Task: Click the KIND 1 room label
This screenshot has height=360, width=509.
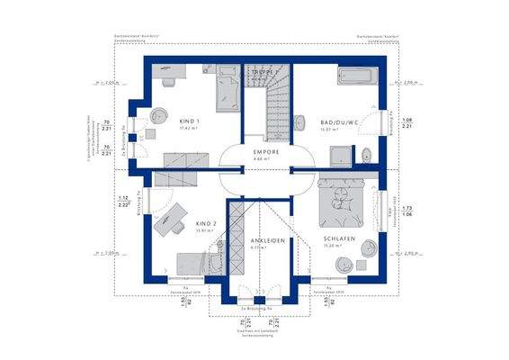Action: coord(189,120)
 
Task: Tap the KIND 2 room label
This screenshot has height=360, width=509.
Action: coord(206,223)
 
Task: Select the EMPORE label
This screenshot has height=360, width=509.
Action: coord(265,152)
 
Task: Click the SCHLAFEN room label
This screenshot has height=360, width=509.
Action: coord(340,238)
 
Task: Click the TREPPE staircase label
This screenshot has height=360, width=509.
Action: coord(261,73)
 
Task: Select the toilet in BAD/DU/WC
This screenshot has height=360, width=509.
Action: coord(367,156)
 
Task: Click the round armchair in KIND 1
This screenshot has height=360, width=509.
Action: coord(159,115)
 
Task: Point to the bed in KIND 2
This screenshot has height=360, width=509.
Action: coord(193,264)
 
